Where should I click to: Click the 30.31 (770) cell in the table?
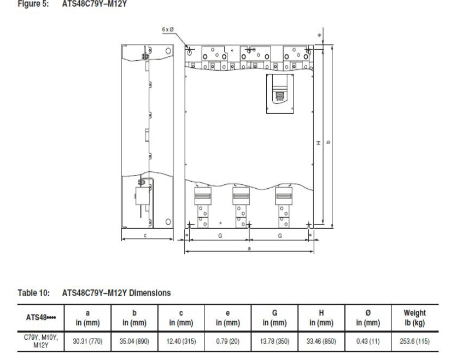(x=87, y=341)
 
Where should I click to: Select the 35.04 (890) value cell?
(x=134, y=341)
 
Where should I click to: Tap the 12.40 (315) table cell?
(x=181, y=341)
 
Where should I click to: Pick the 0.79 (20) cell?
(x=227, y=341)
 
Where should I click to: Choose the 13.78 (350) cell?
(x=274, y=341)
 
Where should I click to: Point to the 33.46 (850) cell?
(x=321, y=341)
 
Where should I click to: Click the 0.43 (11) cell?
(x=368, y=341)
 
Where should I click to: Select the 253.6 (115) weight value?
(x=414, y=341)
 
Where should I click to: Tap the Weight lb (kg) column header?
(x=414, y=318)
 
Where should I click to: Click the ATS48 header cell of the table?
(x=41, y=317)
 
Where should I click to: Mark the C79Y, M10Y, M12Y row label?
(x=41, y=341)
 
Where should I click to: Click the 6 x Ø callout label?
(x=168, y=30)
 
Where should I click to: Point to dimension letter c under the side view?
(x=145, y=235)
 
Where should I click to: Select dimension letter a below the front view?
(x=249, y=248)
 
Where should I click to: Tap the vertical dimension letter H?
(x=319, y=143)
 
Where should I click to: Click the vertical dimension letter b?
(x=328, y=142)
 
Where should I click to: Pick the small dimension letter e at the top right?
(x=319, y=35)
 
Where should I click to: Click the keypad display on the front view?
(x=280, y=95)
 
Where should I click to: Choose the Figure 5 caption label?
(x=33, y=4)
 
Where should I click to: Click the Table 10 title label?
(x=33, y=293)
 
